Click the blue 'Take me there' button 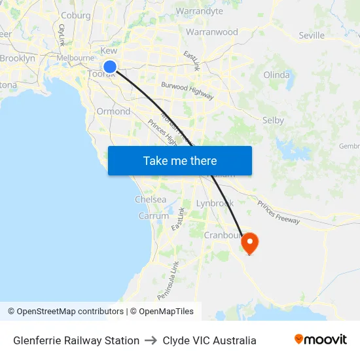click(180, 160)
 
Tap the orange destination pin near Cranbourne click(249, 243)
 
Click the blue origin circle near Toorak click(110, 66)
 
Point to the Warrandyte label click(200, 11)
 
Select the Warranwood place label click(212, 31)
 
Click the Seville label click(311, 35)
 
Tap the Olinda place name click(276, 75)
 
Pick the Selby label click(272, 120)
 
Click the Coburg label click(75, 16)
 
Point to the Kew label click(109, 51)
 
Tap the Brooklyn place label click(18, 58)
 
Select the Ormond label click(113, 111)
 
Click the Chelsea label click(151, 200)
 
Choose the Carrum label click(154, 216)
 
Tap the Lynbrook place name click(215, 204)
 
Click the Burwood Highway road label click(188, 91)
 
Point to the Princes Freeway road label click(278, 211)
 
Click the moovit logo click(321, 340)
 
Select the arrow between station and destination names click(151, 340)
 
